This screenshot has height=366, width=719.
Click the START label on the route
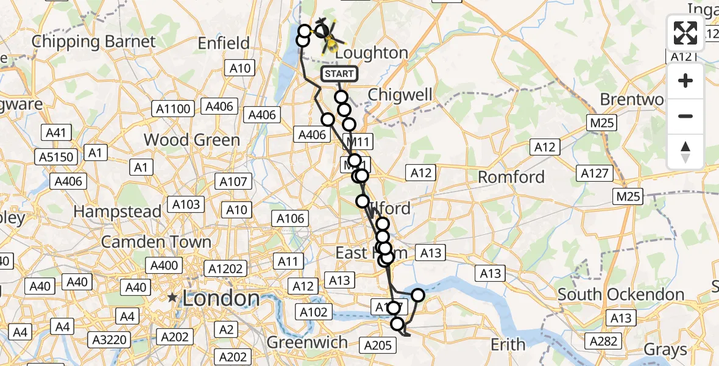point(339,74)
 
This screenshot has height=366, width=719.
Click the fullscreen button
point(685,33)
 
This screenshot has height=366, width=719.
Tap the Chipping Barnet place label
point(94,42)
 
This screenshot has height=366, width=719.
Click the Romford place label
point(511,178)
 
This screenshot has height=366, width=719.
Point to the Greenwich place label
point(307,342)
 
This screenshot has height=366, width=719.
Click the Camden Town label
point(156,242)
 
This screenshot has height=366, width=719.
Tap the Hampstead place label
point(118,212)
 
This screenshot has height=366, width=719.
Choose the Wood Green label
point(192,140)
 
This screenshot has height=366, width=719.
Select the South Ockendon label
point(621,295)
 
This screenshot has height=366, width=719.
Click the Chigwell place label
point(400,95)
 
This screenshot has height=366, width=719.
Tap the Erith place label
point(508,345)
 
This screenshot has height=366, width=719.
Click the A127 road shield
point(595,173)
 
